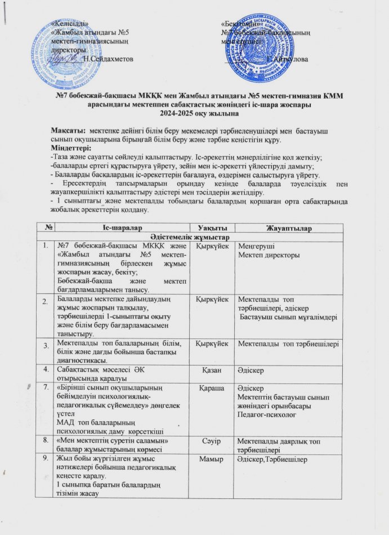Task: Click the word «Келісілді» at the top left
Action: coord(69,24)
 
